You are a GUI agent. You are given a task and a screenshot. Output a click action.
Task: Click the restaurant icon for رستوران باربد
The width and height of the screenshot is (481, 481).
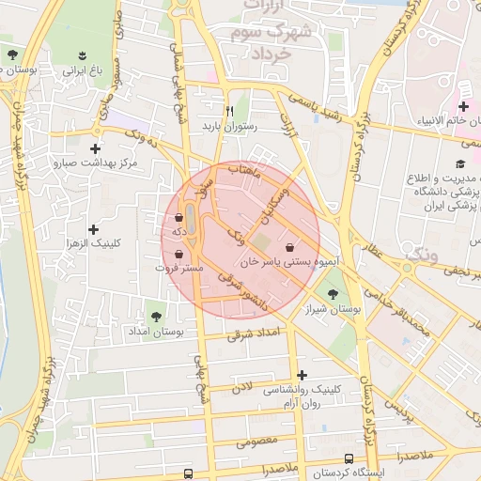tap(228, 110)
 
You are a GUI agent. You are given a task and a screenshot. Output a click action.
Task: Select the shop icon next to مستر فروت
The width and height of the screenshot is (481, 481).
tap(178, 254)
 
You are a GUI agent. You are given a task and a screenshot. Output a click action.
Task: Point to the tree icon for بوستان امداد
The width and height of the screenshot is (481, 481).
tap(155, 317)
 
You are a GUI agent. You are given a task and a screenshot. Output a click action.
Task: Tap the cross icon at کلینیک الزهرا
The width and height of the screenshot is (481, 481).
tap(93, 228)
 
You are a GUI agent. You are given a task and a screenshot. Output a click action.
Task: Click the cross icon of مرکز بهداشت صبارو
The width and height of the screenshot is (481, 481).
tap(95, 147)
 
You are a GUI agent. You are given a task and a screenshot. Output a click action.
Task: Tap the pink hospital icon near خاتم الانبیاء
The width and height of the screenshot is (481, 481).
tap(463, 103)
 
